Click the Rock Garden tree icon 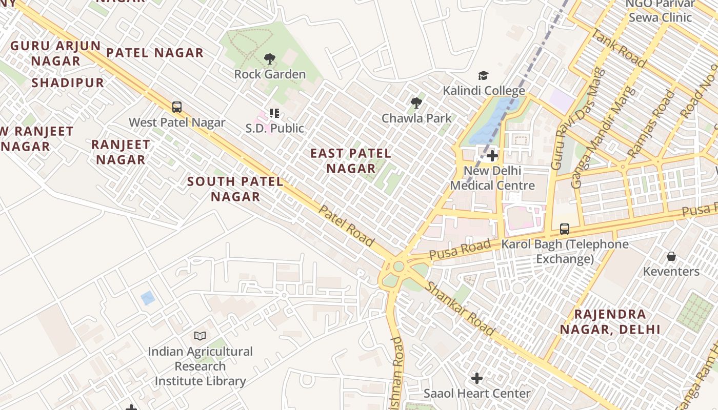pos(270,59)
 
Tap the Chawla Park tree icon pos(416,103)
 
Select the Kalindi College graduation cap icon pos(483,76)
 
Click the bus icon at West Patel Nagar pos(177,107)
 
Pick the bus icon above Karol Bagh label pos(565,229)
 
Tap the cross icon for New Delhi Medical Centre pos(492,155)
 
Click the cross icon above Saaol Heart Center pos(477,378)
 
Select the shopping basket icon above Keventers pos(671,256)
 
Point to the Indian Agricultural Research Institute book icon pos(200,336)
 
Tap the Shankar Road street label pos(460,309)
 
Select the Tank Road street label pos(619,48)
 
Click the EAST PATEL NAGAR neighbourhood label pos(351,160)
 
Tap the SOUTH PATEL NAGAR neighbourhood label pos(235,189)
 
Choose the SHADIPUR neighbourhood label pos(68,83)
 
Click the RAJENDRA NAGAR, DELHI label pos(610,321)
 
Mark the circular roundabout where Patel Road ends pos(398,266)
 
